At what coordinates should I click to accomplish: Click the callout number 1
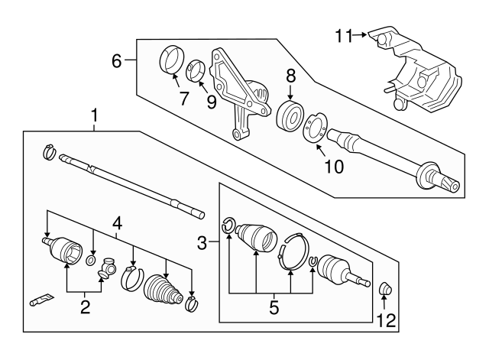94,116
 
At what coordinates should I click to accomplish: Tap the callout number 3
203,244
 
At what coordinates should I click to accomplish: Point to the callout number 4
117,223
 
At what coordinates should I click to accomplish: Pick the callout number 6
116,60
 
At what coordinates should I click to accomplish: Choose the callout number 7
183,97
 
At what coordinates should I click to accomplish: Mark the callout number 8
290,76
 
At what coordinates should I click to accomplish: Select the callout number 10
333,165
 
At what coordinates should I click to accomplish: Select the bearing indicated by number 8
291,115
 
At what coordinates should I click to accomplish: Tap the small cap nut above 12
386,289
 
